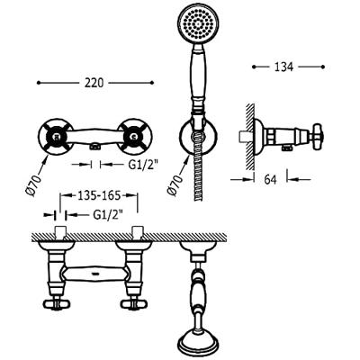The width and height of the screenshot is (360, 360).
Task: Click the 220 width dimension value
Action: pos(94,83)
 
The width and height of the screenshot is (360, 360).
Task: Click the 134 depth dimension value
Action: pos(283,67)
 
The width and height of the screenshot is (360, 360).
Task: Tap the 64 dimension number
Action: pos(270,179)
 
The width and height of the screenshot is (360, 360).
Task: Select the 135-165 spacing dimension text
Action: pos(99,195)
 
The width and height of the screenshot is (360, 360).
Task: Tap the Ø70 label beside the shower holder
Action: pos(175,185)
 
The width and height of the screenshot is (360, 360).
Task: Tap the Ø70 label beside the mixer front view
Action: pos(33,185)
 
